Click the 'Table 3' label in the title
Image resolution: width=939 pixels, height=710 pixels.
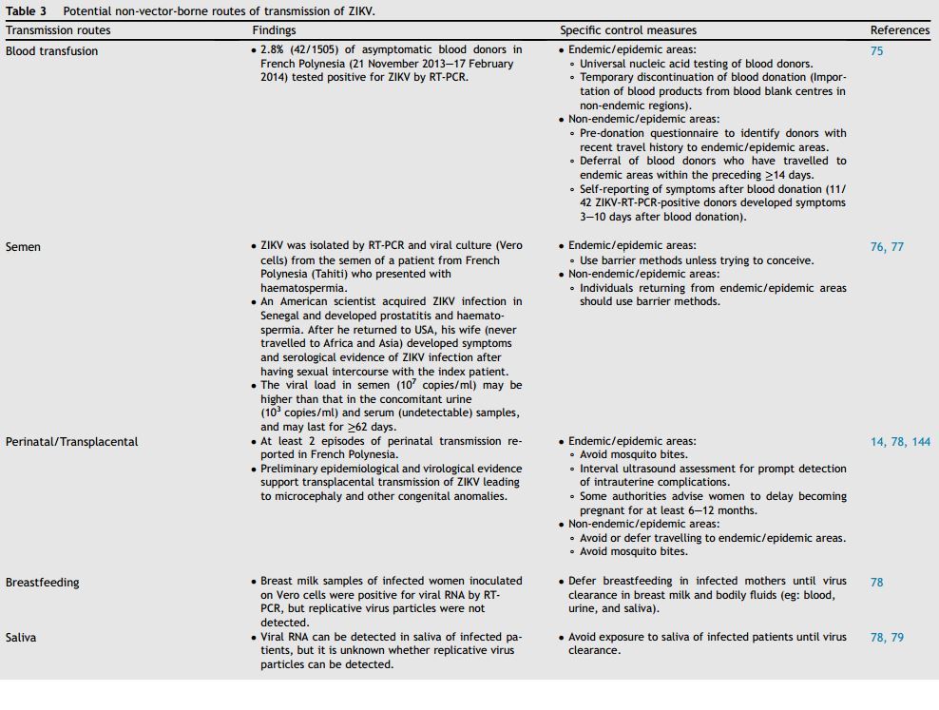tap(26, 11)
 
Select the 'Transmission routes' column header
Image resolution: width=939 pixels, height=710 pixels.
tap(58, 30)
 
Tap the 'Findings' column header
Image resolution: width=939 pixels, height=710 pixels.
tap(274, 30)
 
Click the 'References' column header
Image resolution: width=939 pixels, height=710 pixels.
tap(899, 30)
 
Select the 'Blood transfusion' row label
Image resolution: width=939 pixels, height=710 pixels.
tap(51, 51)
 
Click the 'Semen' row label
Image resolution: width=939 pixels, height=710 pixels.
tap(23, 247)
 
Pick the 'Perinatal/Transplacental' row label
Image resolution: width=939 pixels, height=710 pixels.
tap(71, 442)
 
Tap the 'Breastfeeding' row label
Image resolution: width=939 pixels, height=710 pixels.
tap(43, 583)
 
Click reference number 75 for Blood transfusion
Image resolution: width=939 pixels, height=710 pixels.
tap(876, 51)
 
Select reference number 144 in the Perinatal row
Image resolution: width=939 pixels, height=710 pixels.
tap(921, 442)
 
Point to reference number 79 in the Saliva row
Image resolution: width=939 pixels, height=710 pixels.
tap(897, 638)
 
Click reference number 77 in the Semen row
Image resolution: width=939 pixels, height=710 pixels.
tap(897, 247)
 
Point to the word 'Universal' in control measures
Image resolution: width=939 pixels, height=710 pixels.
tap(604, 64)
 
